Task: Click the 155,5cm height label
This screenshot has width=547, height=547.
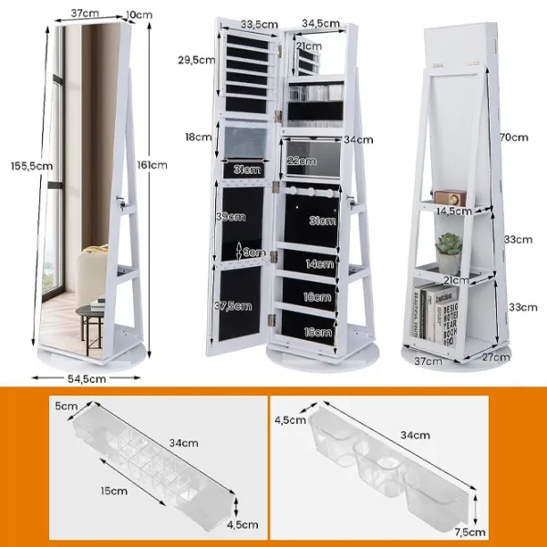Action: coord(32,166)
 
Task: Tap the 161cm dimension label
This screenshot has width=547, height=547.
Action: coord(152,165)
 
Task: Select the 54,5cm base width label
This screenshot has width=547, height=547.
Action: coord(87,379)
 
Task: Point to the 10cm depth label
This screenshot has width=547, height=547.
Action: coord(139,15)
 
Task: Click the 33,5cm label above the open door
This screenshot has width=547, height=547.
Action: coord(260,24)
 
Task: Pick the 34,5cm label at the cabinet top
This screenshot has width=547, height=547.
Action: coord(321,24)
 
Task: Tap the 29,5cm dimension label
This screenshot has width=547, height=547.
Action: coord(196,60)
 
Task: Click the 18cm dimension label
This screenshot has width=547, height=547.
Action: coord(198,137)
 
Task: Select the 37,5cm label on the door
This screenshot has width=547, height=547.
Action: coord(232,306)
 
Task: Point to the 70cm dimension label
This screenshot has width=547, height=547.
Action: coord(514,138)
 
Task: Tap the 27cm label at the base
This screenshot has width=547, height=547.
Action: coord(496,356)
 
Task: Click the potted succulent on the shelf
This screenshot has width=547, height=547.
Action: coord(449,253)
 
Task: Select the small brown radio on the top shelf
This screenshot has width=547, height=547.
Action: coord(449,198)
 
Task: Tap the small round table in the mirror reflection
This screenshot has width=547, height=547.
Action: coord(89,328)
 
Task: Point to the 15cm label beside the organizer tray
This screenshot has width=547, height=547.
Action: coord(114,490)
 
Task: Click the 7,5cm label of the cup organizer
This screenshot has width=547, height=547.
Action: coord(470,532)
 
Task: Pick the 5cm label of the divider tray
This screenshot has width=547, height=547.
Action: coord(66,406)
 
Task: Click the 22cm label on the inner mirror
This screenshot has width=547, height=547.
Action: coord(302,160)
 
